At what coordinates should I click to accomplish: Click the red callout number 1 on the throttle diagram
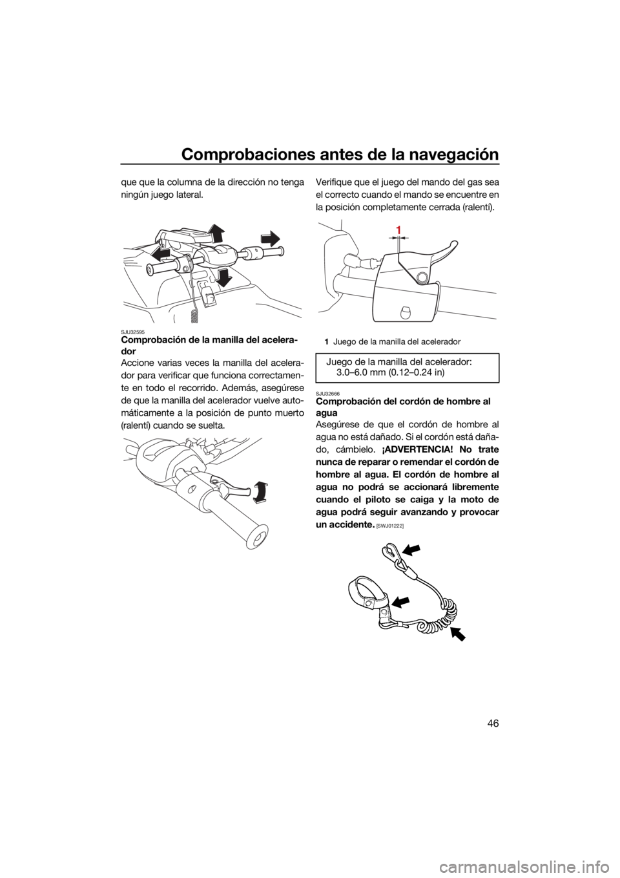pos(398,230)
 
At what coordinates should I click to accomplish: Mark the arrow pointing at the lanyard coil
pos(459,633)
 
